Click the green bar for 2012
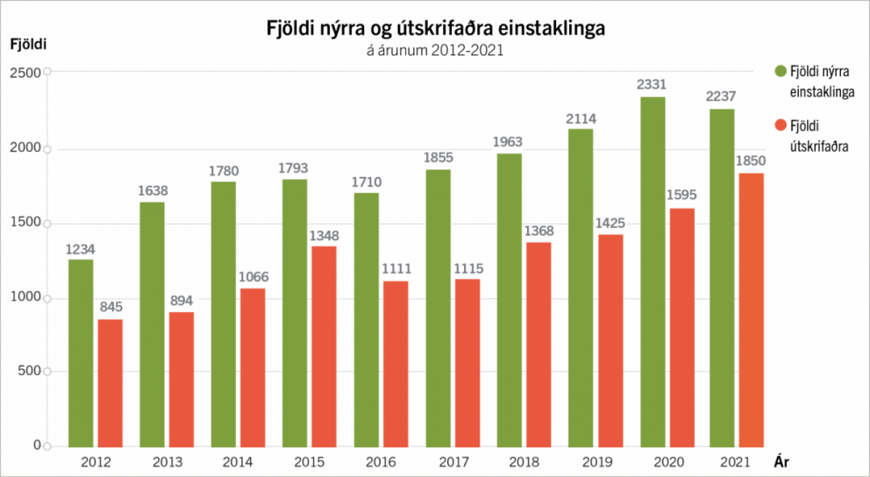pos(81,352)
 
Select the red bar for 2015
pos(324,345)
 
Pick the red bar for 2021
pos(752,310)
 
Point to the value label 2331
pos(652,85)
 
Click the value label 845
pos(110,307)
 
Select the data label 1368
pos(538,230)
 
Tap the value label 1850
pos(752,160)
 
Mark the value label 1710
pos(367,181)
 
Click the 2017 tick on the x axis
pos(453,461)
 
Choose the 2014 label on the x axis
pos(238,461)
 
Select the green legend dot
pos(779,70)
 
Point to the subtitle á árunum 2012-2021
pos(434,51)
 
